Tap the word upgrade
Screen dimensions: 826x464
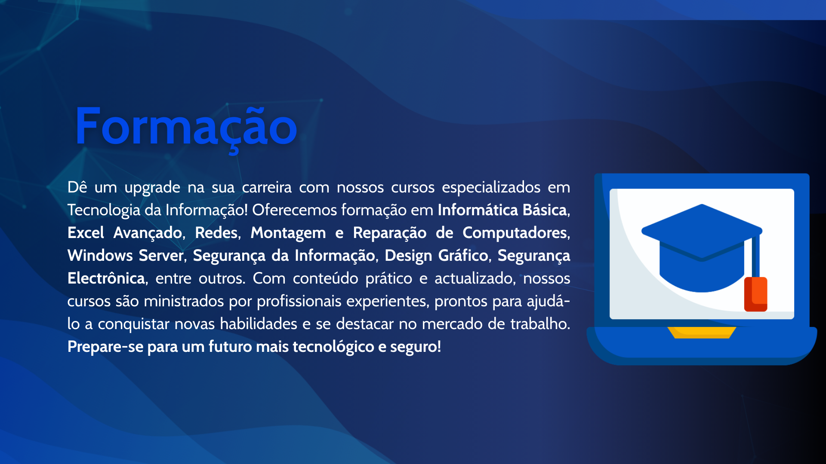click(x=152, y=188)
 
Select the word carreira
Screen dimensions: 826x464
click(x=267, y=187)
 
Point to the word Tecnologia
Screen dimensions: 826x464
click(x=104, y=211)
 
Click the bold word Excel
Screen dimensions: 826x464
click(x=86, y=233)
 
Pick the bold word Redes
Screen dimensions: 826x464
click(x=216, y=233)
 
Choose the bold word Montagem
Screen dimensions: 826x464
click(x=288, y=234)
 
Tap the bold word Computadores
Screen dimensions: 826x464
click(x=515, y=234)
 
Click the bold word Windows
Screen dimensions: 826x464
click(x=100, y=256)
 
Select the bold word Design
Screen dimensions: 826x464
click(x=408, y=256)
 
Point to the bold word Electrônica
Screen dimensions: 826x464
click(x=106, y=278)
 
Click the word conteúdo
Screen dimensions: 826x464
click(x=325, y=278)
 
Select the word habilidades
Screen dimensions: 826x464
click(x=259, y=324)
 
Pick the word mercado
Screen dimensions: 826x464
click(x=452, y=324)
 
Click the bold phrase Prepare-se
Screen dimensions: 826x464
click(x=105, y=347)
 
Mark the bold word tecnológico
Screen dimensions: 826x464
click(x=333, y=348)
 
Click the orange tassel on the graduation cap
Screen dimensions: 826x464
click(x=756, y=294)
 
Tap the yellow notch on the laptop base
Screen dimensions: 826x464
click(x=702, y=333)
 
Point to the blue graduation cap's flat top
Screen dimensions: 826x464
click(x=702, y=231)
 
